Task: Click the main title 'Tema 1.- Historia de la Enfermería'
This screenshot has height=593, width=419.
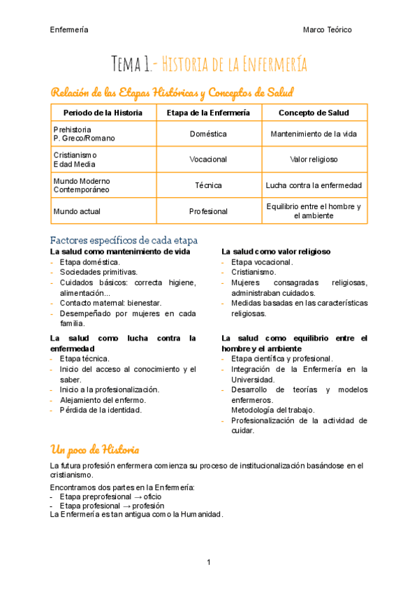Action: click(209, 65)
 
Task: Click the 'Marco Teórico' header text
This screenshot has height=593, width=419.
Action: click(327, 30)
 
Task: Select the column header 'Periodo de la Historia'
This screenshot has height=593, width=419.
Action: click(103, 113)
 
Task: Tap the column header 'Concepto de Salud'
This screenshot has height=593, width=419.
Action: click(314, 113)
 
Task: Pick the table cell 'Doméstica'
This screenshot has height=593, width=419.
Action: click(208, 134)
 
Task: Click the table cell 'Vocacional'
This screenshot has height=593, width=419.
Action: click(208, 159)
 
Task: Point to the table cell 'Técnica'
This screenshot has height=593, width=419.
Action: click(208, 185)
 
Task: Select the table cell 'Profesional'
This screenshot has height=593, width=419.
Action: click(208, 211)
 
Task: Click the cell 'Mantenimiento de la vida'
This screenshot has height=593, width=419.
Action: click(314, 134)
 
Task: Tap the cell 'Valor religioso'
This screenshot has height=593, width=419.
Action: click(314, 159)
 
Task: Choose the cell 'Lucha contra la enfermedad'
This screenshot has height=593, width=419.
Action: click(314, 185)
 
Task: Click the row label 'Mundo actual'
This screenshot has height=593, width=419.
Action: click(75, 211)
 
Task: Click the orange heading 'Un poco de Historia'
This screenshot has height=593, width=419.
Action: click(94, 448)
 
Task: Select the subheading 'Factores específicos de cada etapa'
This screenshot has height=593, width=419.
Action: click(124, 239)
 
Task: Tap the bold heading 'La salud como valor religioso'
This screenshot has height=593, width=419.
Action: click(276, 251)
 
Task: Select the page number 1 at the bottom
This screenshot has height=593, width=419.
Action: click(209, 562)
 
